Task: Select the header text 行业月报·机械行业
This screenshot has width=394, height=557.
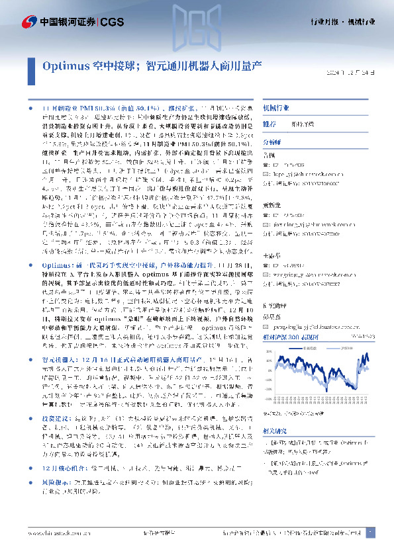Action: tap(342, 22)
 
